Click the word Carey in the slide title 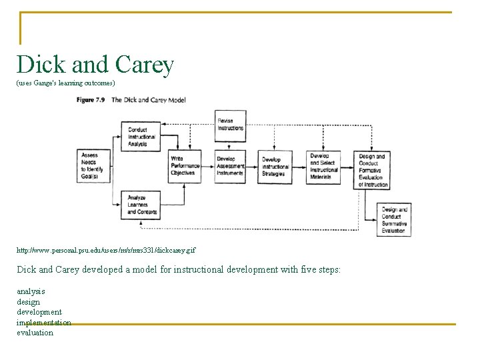pyautogui.click(x=144, y=65)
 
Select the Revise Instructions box pyautogui.click(x=230, y=125)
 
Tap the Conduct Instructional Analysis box pyautogui.click(x=141, y=137)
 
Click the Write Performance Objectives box pyautogui.click(x=183, y=166)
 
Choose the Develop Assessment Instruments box pyautogui.click(x=230, y=166)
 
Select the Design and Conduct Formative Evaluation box pyautogui.click(x=372, y=170)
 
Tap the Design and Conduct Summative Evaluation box pyautogui.click(x=393, y=220)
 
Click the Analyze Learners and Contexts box pyautogui.click(x=141, y=205)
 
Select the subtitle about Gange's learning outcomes pyautogui.click(x=66, y=83)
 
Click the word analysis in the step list pyautogui.click(x=31, y=291)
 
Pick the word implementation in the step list pyautogui.click(x=44, y=323)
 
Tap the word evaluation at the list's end pyautogui.click(x=35, y=333)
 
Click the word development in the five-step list pyautogui.click(x=39, y=312)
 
